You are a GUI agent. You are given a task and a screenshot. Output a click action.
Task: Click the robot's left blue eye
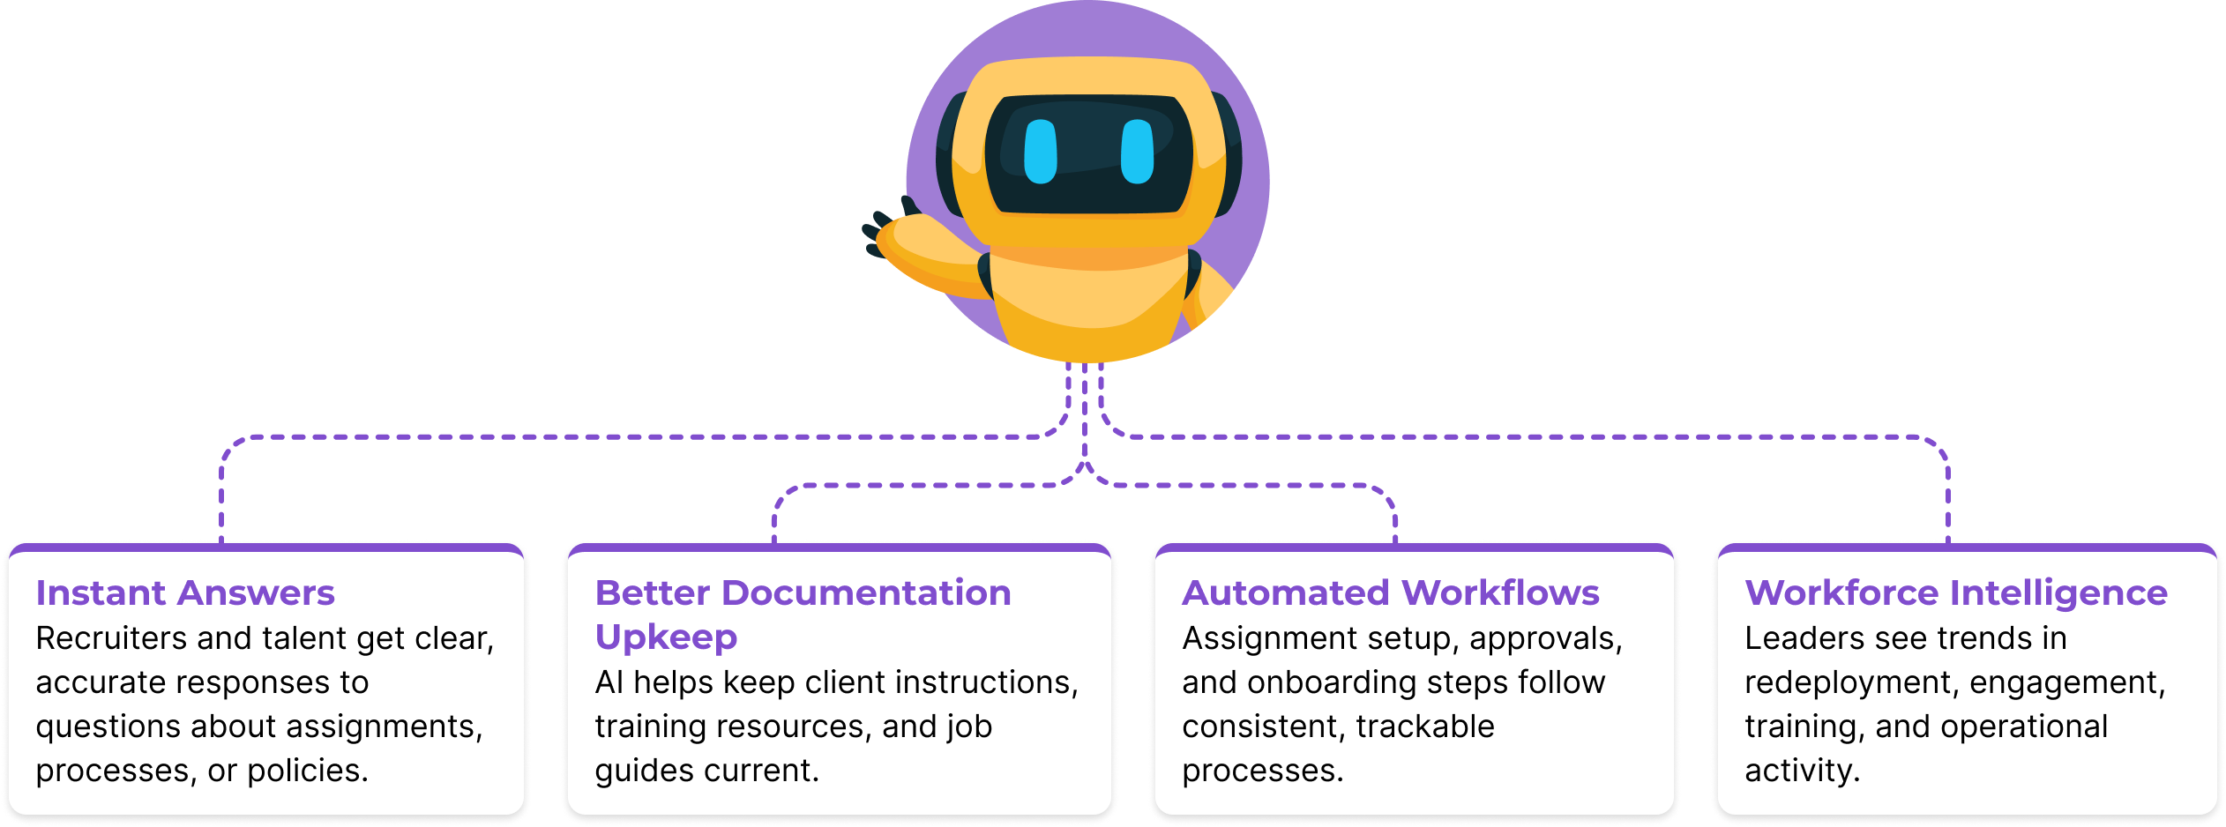[x=1041, y=152]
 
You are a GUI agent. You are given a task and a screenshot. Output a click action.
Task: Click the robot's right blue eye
[x=1137, y=152]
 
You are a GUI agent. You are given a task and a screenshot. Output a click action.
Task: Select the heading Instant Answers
[x=185, y=593]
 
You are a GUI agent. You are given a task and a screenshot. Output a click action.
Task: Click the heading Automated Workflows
[x=1390, y=593]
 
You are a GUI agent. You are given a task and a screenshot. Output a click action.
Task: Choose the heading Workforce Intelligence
[x=1955, y=593]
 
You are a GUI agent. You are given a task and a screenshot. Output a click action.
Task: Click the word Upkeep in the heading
[x=666, y=637]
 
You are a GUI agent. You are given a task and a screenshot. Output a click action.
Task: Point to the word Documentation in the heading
[x=866, y=593]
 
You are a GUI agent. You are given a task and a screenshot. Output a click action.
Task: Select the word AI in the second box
[x=609, y=682]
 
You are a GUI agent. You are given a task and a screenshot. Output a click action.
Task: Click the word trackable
[x=1425, y=726]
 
